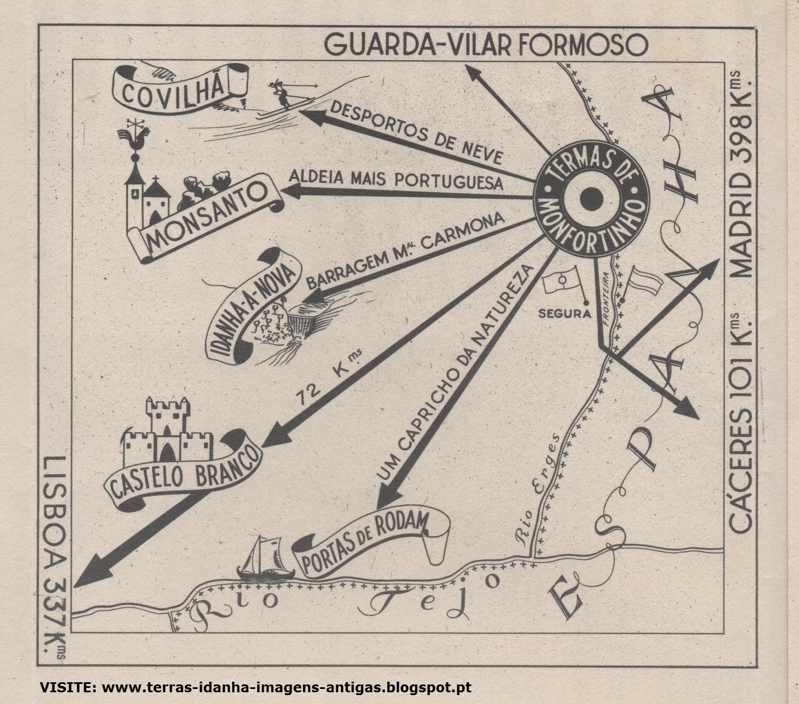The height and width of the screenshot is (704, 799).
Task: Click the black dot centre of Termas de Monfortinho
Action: pos(591,198)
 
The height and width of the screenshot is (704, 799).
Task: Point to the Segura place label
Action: pos(564,314)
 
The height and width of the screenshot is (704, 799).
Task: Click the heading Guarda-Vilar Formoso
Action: pos(485,45)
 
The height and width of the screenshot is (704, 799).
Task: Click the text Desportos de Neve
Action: pos(416,132)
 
